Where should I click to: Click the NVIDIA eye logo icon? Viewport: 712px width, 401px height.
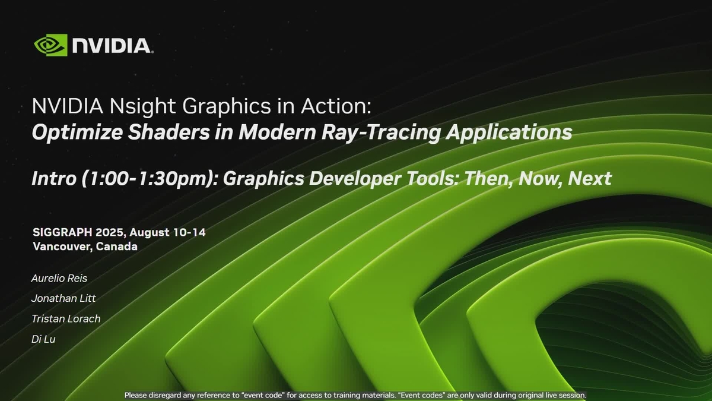click(x=50, y=45)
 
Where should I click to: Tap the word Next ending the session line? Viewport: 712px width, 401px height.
click(x=590, y=178)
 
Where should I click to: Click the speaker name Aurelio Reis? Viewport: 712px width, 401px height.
click(x=59, y=278)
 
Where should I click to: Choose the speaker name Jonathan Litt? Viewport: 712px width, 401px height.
click(x=63, y=298)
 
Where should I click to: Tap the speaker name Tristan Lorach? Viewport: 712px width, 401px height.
click(x=65, y=319)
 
